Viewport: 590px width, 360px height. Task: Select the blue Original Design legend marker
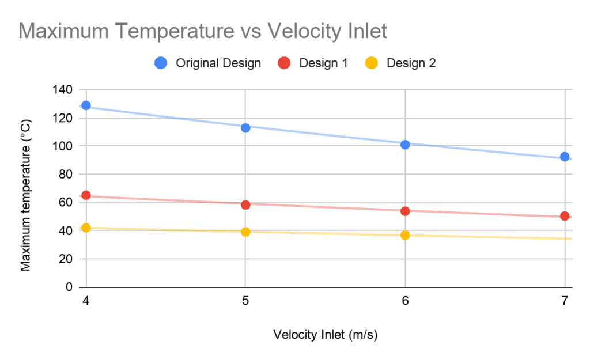pyautogui.click(x=161, y=63)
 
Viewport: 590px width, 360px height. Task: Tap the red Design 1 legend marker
pyautogui.click(x=284, y=63)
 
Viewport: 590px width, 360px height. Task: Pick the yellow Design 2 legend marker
pyautogui.click(x=372, y=63)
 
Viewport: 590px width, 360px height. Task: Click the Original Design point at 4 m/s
pyautogui.click(x=86, y=105)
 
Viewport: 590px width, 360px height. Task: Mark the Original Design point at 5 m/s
pyautogui.click(x=245, y=128)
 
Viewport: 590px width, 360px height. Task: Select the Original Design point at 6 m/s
pyautogui.click(x=405, y=145)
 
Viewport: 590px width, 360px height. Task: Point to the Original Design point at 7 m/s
pyautogui.click(x=565, y=157)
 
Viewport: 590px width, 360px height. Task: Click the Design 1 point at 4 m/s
pyautogui.click(x=86, y=195)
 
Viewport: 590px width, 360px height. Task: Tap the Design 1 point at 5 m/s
pyautogui.click(x=245, y=204)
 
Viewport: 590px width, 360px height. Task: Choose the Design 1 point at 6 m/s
pyautogui.click(x=405, y=211)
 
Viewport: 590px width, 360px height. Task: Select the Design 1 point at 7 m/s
pyautogui.click(x=565, y=216)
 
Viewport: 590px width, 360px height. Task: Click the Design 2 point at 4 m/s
pyautogui.click(x=86, y=228)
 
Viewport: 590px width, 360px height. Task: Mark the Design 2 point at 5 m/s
pyautogui.click(x=245, y=232)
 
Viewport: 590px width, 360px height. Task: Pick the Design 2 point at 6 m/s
pyautogui.click(x=405, y=235)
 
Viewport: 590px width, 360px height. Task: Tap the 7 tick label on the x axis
pyautogui.click(x=565, y=301)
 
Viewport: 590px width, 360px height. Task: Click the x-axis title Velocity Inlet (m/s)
pyautogui.click(x=326, y=335)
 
